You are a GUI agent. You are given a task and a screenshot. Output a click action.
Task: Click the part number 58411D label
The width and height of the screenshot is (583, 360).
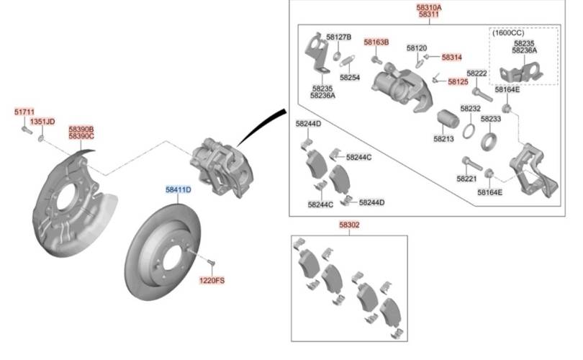[x=178, y=189]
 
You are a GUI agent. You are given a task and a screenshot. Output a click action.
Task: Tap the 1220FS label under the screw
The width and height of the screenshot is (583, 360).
[x=212, y=280]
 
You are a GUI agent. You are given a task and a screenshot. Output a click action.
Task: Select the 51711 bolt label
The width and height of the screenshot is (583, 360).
[x=24, y=112]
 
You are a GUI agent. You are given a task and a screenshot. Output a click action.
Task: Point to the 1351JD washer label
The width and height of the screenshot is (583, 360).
[x=42, y=122]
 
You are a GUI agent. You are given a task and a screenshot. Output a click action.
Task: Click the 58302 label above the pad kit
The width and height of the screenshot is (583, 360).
[x=349, y=225]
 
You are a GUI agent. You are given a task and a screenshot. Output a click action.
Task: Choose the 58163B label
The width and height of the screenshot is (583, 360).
[x=376, y=42]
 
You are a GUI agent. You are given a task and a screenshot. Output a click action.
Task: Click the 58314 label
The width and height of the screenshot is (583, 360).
[x=452, y=58]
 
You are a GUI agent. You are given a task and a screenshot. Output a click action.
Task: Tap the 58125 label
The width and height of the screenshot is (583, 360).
[x=458, y=81]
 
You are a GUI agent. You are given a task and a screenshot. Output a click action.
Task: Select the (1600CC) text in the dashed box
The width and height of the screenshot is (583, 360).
[x=508, y=32]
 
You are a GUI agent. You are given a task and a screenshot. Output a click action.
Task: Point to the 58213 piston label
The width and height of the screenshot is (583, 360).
[x=443, y=139]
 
